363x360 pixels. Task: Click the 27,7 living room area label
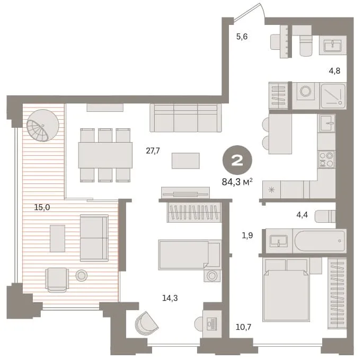coord(153,151)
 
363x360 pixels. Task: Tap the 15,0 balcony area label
coord(42,207)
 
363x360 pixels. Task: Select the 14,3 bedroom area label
coord(170,298)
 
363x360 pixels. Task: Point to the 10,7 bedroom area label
coord(243,327)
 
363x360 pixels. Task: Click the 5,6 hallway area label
coord(242,37)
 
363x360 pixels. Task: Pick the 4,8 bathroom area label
coord(334,71)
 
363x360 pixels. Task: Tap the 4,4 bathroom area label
coord(302,215)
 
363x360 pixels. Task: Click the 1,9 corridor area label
coord(247,235)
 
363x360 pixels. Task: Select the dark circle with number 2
coord(237,160)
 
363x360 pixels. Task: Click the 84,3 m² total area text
coord(237,182)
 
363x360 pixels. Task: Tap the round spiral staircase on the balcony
coord(43,125)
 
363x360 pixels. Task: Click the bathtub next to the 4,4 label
coord(320,241)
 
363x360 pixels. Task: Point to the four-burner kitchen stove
coord(326,159)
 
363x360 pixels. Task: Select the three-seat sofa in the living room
coord(185,118)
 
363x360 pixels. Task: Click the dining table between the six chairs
coord(105,155)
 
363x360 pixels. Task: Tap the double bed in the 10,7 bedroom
coord(286,290)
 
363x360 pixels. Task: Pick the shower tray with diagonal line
coord(333,96)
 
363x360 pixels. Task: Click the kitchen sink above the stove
coord(326,123)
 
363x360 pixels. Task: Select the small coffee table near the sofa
coord(185,161)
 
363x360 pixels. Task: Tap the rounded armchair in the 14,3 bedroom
coord(146,323)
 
